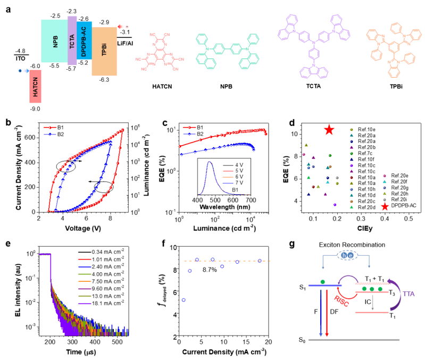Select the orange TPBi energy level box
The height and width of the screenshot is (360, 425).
(107, 52)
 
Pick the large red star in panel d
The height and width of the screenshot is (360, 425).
(329, 130)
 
